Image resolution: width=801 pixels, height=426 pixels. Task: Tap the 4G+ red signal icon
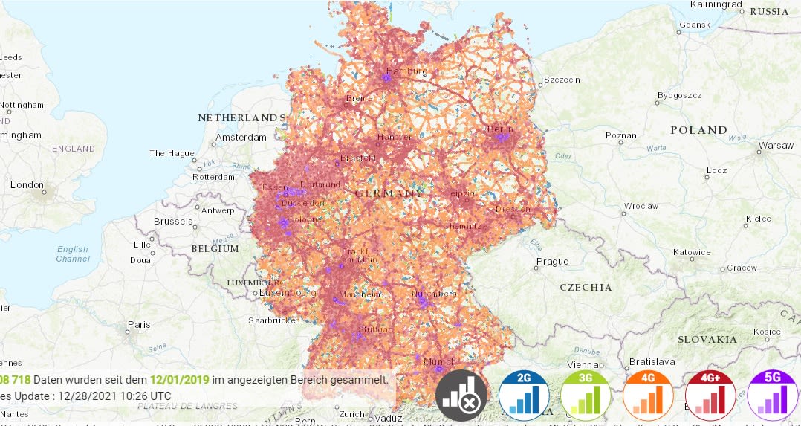tap(710, 395)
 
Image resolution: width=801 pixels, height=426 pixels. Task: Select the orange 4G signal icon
tap(648, 395)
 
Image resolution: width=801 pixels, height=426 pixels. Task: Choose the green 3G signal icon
tap(586, 395)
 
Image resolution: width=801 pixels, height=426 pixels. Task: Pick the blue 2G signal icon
tap(524, 395)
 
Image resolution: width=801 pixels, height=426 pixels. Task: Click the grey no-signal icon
tap(461, 395)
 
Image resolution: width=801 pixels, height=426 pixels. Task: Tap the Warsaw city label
tap(776, 146)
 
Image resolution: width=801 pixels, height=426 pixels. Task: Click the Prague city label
tap(552, 262)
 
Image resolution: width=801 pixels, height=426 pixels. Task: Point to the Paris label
tap(138, 325)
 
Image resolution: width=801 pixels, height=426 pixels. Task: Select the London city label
tap(27, 185)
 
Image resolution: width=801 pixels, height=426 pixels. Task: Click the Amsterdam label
tap(241, 138)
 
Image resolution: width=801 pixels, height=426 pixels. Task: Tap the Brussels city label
tap(173, 222)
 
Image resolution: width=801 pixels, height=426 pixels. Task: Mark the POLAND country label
tap(698, 130)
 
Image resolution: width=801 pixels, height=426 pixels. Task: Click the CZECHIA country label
tap(586, 287)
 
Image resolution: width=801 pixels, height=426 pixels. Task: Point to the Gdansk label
tap(695, 25)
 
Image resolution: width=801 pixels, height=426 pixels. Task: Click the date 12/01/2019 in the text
tap(179, 380)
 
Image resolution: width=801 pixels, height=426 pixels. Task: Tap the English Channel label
tap(72, 254)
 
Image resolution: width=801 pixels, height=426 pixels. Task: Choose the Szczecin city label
tap(562, 80)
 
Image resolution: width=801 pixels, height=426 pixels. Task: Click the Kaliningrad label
tap(717, 4)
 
